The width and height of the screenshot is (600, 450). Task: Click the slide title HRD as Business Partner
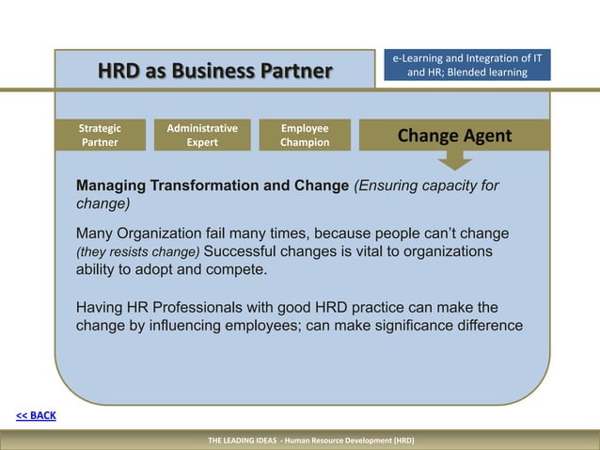coord(215,71)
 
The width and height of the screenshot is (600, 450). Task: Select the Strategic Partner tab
coord(100,136)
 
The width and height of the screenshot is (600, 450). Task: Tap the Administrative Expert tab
coord(202,136)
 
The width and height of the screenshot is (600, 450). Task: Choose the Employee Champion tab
coord(305,136)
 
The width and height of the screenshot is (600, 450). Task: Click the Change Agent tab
coord(454,136)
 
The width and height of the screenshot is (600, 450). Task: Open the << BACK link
coord(36,415)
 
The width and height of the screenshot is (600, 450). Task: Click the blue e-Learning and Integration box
coord(467,66)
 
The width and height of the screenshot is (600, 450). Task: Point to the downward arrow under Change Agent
coord(454,159)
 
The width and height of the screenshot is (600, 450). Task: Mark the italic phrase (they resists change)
coord(138,252)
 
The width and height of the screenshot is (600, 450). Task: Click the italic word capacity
coord(443,185)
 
